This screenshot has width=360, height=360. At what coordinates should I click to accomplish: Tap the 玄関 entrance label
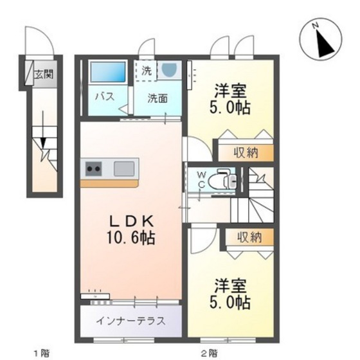coord(44,74)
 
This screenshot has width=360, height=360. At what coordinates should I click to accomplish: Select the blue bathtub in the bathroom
coord(108,72)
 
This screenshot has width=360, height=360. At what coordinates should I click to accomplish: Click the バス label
coord(105,96)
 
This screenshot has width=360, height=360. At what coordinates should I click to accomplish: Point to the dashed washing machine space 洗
coord(146,71)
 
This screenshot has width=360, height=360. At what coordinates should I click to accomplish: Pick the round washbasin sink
coord(169,69)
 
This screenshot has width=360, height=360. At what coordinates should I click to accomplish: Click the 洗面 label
coord(157,98)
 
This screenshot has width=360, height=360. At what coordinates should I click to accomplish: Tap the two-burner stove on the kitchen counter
coord(93,168)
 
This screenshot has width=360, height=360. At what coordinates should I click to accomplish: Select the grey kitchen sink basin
coord(124,168)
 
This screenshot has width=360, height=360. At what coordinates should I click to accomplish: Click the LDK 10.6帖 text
coord(130,230)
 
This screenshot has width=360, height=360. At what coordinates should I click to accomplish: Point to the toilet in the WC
coord(222,179)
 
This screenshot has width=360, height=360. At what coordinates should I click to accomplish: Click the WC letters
coord(201,180)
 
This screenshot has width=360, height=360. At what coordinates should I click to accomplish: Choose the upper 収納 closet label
coord(246,152)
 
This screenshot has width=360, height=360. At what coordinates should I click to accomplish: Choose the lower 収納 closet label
coord(249,237)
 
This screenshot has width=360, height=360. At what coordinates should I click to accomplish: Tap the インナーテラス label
coord(131,321)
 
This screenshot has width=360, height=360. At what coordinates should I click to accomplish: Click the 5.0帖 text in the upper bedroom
coord(230,108)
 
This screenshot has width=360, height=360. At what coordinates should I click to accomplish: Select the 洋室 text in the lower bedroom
coord(230,286)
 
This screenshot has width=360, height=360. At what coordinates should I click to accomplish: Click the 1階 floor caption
coord(42,352)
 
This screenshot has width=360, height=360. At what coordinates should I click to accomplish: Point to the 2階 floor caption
coord(210,352)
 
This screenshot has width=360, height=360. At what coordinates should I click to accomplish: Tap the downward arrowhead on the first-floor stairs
coord(43,142)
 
